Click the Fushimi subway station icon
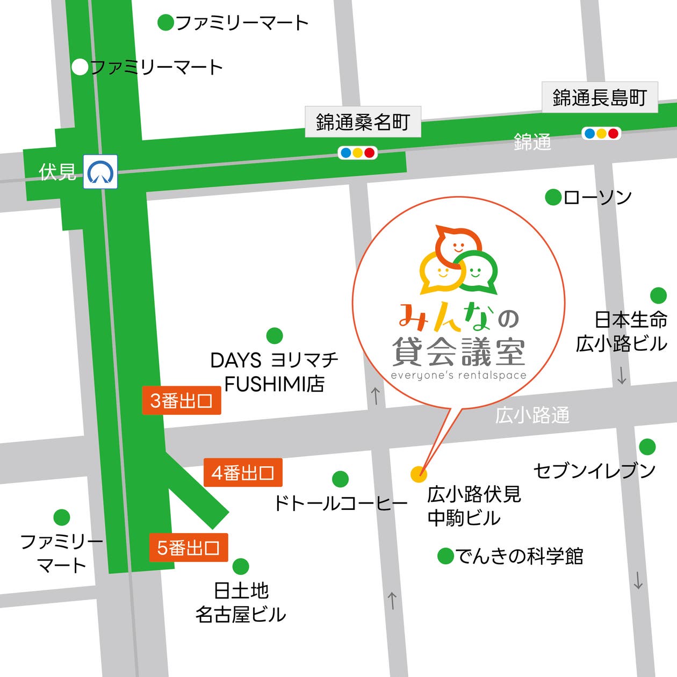pos(100,172)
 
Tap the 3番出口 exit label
pos(182,400)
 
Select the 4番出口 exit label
pos(243,473)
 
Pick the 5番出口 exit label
pos(188,548)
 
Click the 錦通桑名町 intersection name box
pos(363,122)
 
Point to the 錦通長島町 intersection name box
pos(600,98)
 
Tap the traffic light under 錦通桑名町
pos(358,153)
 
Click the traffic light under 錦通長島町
pos(601,133)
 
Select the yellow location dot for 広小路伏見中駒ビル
pos(419,474)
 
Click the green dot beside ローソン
pos(553,197)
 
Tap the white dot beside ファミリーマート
pos(80,67)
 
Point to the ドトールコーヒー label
pos(341,503)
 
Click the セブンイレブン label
pos(594,471)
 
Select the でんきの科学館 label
pos(519,556)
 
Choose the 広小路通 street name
pos(532,415)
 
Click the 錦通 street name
pos(532,142)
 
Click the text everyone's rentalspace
pos(458,376)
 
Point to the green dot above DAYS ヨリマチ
pos(275,336)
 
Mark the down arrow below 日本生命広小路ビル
pos(622,376)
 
